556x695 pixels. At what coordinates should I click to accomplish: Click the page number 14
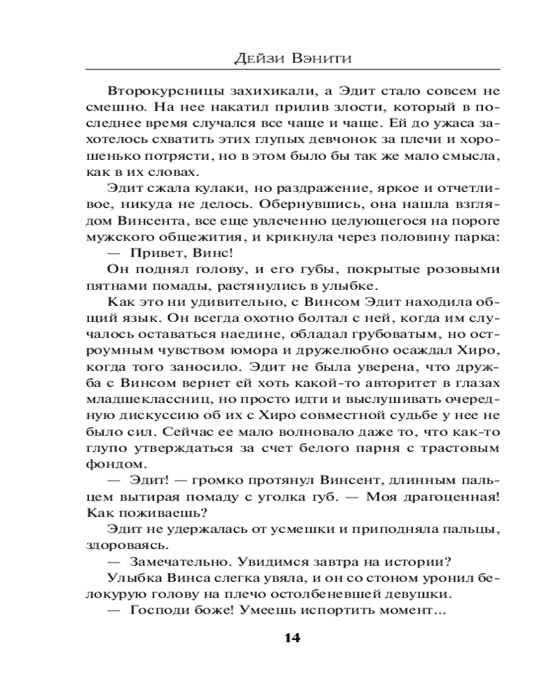[292, 637]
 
